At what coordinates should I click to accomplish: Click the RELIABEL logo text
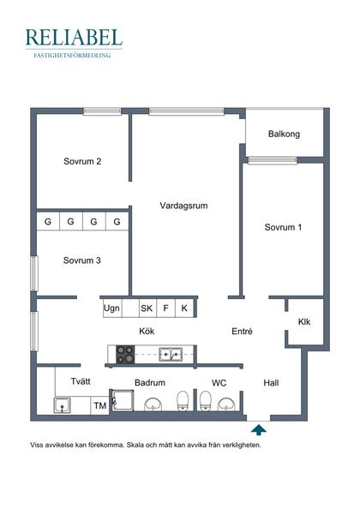point(74,37)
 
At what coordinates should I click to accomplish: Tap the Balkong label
point(284,134)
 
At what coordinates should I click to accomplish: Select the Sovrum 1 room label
point(283,227)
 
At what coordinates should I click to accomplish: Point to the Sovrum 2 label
point(82,161)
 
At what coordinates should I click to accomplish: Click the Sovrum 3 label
point(82,260)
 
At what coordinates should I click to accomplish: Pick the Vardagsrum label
point(183,206)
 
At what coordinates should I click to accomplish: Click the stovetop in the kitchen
point(125,354)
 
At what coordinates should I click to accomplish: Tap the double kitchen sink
point(171,355)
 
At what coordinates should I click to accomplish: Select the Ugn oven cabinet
point(112,308)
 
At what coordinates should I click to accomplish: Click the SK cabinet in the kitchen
point(147,308)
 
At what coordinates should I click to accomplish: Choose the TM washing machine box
point(100,405)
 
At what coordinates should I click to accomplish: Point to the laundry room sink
point(63,405)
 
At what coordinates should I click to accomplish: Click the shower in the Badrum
point(123,400)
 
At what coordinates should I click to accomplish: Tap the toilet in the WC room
point(205,401)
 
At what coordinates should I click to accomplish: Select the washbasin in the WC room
point(226,404)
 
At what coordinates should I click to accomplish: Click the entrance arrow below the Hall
point(259,430)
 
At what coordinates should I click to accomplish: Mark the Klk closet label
point(304,321)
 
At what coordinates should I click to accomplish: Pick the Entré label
point(243,332)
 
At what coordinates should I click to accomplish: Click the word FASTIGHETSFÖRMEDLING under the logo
point(72,56)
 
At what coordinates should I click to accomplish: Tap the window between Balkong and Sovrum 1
point(273,160)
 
